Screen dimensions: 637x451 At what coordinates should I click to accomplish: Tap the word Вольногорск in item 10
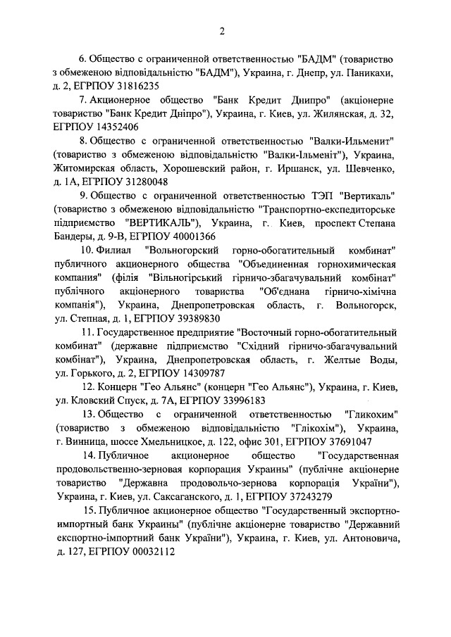pos(366,304)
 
